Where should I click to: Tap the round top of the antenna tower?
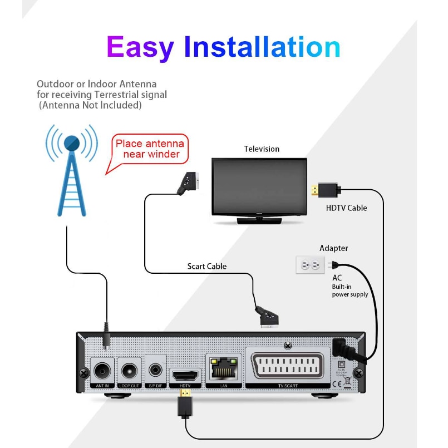click(x=72, y=142)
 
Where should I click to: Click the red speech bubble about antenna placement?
click(x=149, y=149)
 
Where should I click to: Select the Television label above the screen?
click(x=262, y=149)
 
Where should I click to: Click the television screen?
click(x=259, y=187)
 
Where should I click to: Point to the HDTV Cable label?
click(x=346, y=208)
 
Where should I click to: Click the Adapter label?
click(x=333, y=248)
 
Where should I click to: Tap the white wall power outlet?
click(x=310, y=265)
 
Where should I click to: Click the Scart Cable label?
click(x=206, y=267)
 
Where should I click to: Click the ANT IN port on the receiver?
click(x=102, y=370)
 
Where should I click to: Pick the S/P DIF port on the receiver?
click(x=156, y=370)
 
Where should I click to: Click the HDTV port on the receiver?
click(x=184, y=373)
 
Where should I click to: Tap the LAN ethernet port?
click(x=223, y=367)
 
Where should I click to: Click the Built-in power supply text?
click(x=350, y=291)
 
